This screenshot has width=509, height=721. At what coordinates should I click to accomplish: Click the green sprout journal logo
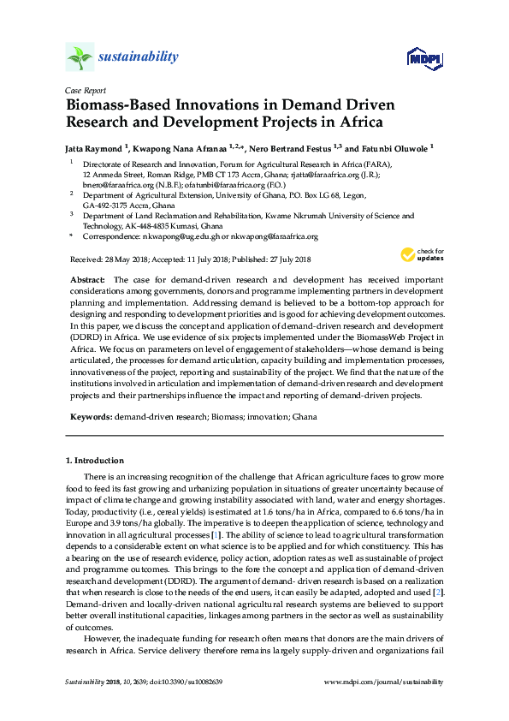pos(80,57)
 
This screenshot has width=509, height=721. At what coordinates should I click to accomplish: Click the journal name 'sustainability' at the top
pos(139,57)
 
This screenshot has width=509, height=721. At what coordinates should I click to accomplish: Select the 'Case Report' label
pos(85,90)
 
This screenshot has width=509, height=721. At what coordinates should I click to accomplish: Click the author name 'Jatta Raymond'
pos(96,147)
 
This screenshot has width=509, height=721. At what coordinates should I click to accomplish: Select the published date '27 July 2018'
pos(285,259)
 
